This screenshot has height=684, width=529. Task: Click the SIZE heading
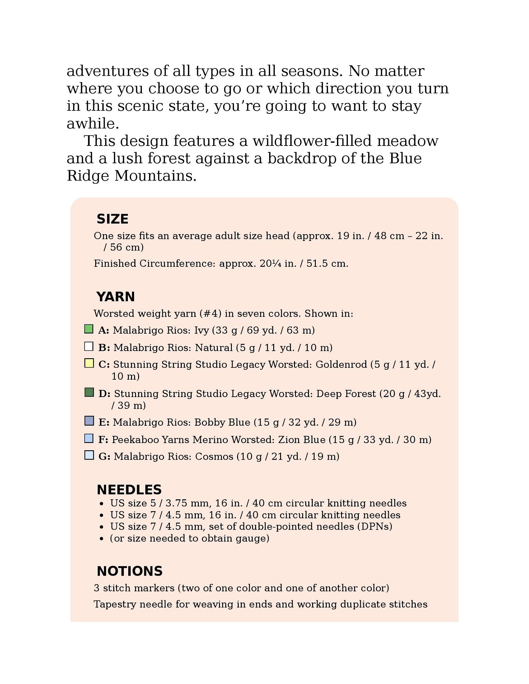112,219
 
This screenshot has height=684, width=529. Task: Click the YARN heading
115,297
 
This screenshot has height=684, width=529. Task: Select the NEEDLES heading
129,489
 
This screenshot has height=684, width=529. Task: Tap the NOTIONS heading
130,571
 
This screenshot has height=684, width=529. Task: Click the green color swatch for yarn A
89,329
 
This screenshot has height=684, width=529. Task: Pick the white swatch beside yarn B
89,346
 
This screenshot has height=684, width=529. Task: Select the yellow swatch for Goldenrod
89,363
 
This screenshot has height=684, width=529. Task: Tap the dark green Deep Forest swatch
89,392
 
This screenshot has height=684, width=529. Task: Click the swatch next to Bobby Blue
89,421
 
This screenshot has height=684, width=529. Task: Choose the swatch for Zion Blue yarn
89,438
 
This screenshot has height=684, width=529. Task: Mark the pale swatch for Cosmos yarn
89,455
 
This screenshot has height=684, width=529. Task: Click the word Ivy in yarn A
201,330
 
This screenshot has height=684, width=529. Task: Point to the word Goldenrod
341,364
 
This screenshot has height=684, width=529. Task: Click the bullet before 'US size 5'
102,504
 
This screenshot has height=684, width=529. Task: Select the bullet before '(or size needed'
102,539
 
